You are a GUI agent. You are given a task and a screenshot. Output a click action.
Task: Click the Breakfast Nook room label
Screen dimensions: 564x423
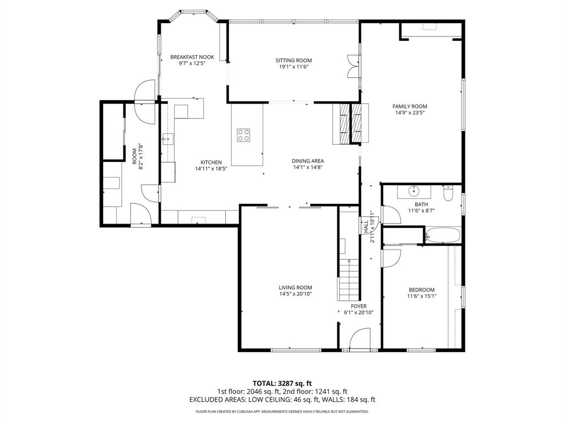pos(192,57)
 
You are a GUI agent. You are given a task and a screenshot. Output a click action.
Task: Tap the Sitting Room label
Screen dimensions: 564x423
pos(294,61)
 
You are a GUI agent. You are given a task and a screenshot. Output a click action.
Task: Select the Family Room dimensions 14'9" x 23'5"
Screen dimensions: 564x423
pos(410,112)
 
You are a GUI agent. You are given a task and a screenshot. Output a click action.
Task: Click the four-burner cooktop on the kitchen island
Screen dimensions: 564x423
pos(243,135)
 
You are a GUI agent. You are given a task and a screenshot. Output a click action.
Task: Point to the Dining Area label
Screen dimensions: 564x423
pos(307,161)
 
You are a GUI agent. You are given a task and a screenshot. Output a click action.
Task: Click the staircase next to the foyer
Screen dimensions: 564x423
pos(348,280)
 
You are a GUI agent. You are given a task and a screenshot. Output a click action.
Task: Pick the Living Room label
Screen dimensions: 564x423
pos(295,288)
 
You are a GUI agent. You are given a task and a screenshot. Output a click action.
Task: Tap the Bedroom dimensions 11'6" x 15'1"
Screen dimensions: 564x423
pos(421,296)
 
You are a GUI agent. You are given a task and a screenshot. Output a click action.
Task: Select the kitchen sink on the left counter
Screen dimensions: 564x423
pos(167,138)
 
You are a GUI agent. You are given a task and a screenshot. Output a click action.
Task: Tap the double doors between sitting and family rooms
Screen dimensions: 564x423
pos(354,66)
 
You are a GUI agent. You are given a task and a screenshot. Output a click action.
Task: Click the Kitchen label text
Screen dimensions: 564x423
pos(211,162)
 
